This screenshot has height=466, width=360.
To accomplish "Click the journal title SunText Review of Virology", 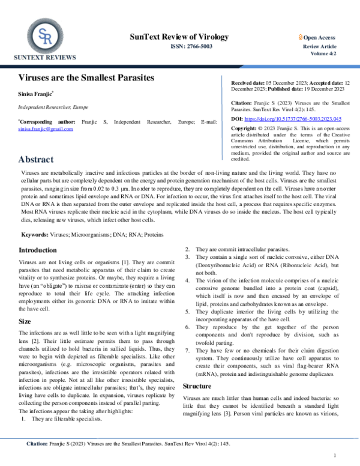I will [x=179, y=37].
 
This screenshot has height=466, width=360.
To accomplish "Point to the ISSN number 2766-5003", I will [x=188, y=46].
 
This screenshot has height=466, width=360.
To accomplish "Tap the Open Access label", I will [x=320, y=37].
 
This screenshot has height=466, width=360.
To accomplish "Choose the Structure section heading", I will [x=199, y=369].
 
